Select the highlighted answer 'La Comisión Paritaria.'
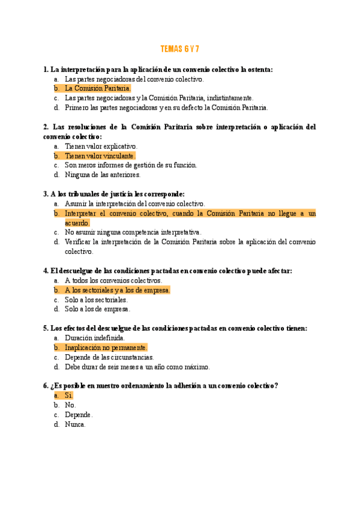pyautogui.click(x=97, y=88)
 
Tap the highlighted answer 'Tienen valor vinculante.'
pyautogui.click(x=100, y=155)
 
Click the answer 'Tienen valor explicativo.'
pyautogui.click(x=101, y=146)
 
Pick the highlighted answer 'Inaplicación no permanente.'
pyautogui.click(x=106, y=348)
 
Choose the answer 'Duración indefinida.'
pyautogui.click(x=95, y=338)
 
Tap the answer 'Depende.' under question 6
pyautogui.click(x=79, y=415)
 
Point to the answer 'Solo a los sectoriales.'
pyautogui.click(x=96, y=300)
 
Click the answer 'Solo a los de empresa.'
pyautogui.click(x=97, y=309)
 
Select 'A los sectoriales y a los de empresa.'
pyautogui.click(x=117, y=290)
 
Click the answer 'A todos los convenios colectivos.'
pyautogui.click(x=113, y=280)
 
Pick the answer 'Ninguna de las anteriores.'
pyautogui.click(x=103, y=175)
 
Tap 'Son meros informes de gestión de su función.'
pyautogui.click(x=131, y=165)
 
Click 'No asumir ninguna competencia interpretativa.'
pyautogui.click(x=133, y=232)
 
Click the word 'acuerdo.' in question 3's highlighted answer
pyautogui.click(x=77, y=223)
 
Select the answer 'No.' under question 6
pyautogui.click(x=70, y=405)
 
